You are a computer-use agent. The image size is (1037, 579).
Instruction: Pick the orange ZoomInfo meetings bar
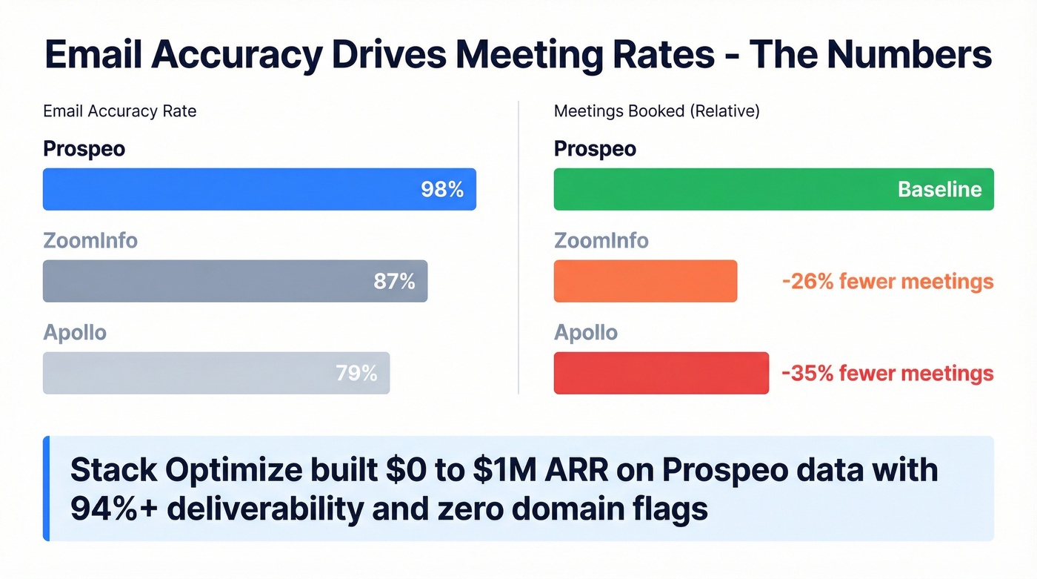(x=645, y=281)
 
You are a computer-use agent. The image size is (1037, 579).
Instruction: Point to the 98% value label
(x=442, y=190)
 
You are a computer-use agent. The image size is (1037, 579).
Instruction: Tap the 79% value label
(x=356, y=374)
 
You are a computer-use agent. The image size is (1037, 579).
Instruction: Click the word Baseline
(x=939, y=190)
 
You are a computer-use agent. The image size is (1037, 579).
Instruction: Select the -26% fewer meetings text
(x=887, y=282)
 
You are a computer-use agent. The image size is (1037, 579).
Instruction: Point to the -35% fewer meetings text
(x=887, y=374)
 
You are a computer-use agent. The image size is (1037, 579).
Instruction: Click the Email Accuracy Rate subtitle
(x=120, y=112)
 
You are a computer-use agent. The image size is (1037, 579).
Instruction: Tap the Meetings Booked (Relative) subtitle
(x=656, y=112)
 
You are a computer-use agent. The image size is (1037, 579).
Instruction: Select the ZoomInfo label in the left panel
(x=90, y=241)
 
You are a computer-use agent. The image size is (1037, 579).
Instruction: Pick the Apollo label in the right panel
(x=585, y=333)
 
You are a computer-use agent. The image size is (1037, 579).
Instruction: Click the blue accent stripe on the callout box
(x=46, y=489)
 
